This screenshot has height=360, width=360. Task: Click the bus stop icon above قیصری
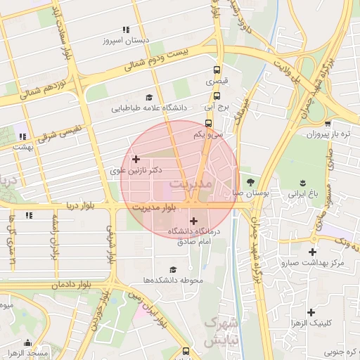(217, 70)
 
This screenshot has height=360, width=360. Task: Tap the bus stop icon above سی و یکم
(207, 122)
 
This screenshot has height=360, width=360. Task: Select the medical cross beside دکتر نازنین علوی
(136, 160)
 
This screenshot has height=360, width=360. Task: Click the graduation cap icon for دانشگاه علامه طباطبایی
(149, 98)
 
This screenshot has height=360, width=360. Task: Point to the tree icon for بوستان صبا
(250, 181)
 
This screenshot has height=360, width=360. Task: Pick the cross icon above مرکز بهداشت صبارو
(312, 252)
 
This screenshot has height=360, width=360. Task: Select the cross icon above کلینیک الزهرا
(310, 311)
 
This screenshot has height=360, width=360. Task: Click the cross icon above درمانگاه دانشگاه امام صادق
(193, 221)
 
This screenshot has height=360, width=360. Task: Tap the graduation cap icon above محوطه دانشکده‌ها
(173, 269)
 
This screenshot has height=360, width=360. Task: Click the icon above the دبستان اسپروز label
(126, 30)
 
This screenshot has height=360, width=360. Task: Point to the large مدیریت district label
(191, 183)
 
